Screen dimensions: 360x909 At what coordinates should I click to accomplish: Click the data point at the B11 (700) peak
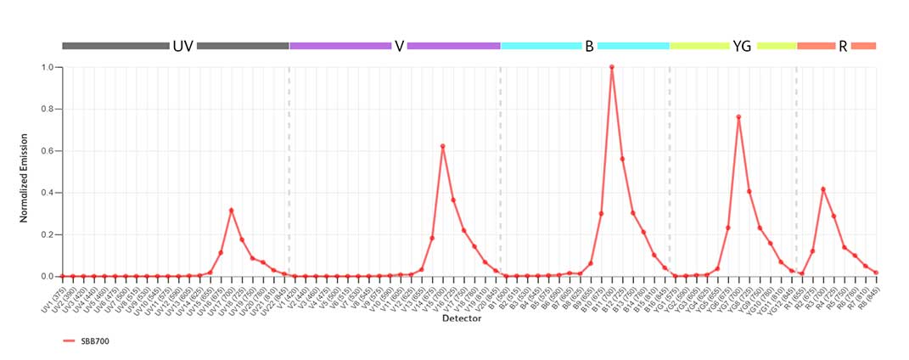pyautogui.click(x=612, y=67)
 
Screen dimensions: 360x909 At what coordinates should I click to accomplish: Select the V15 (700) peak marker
pyautogui.click(x=442, y=146)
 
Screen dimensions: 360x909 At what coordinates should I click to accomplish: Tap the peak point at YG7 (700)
pyautogui.click(x=738, y=117)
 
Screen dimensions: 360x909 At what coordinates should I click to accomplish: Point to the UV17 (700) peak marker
pyautogui.click(x=231, y=211)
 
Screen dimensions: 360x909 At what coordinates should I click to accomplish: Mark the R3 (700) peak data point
pyautogui.click(x=823, y=189)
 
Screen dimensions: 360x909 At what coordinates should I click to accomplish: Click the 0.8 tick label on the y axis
pyautogui.click(x=48, y=110)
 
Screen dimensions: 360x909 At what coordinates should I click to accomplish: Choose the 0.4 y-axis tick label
pyautogui.click(x=48, y=193)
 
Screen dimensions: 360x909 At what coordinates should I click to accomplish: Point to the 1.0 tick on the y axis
pyautogui.click(x=48, y=67)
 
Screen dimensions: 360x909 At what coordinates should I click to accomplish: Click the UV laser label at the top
pyautogui.click(x=182, y=46)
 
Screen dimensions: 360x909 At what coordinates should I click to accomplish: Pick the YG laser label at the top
pyautogui.click(x=742, y=46)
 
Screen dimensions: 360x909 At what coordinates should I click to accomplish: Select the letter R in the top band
pyautogui.click(x=843, y=46)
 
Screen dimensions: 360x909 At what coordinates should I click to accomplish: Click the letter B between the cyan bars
pyautogui.click(x=589, y=46)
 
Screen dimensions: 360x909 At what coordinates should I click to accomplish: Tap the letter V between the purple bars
pyautogui.click(x=399, y=46)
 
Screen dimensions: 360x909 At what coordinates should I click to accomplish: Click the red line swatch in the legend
pyautogui.click(x=70, y=341)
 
